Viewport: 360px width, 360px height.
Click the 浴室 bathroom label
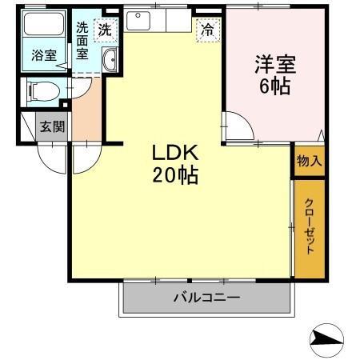pyautogui.click(x=44, y=55)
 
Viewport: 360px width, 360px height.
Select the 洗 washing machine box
pyautogui.click(x=105, y=30)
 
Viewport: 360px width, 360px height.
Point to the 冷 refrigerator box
pyautogui.click(x=206, y=30)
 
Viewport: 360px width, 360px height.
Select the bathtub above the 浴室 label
pyautogui.click(x=45, y=25)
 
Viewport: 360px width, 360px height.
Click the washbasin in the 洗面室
pyautogui.click(x=110, y=59)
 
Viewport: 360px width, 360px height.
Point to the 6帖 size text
pyautogui.click(x=274, y=84)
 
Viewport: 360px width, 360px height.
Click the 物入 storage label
pyautogui.click(x=309, y=161)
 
